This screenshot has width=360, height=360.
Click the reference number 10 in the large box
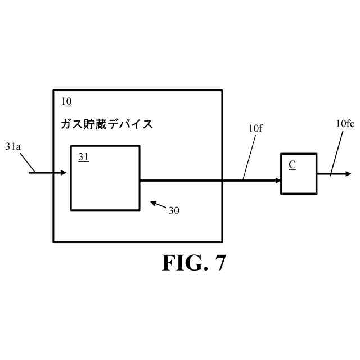click(66, 102)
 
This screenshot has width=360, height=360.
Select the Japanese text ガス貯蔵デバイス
click(107, 124)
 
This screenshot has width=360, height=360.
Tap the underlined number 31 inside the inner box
click(83, 157)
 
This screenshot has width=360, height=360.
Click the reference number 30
click(174, 210)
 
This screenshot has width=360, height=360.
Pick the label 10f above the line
click(255, 129)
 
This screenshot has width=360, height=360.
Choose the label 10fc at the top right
click(345, 124)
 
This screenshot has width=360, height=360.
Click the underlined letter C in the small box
click(292, 164)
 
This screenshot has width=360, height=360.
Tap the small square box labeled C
click(298, 174)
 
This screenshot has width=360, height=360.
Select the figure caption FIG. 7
click(194, 263)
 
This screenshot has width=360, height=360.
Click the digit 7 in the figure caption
click(219, 263)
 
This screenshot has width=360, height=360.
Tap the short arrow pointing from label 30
click(158, 204)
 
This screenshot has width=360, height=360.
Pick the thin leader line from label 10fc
click(336, 152)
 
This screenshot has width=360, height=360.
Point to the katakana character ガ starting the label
click(66, 124)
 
